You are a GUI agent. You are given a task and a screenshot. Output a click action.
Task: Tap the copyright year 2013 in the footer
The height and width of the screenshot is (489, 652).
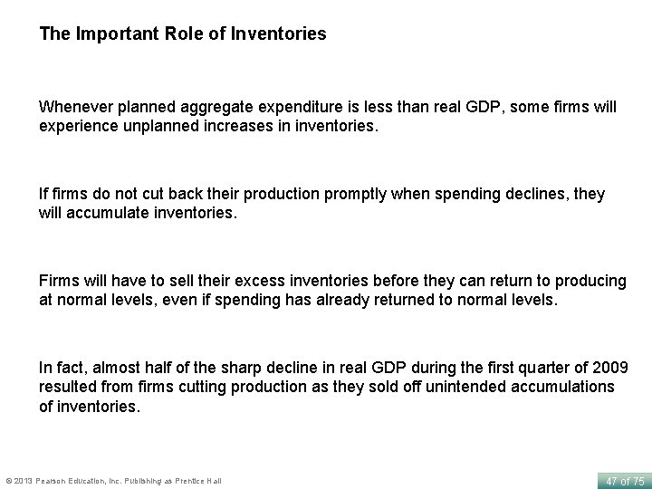coord(24,480)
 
